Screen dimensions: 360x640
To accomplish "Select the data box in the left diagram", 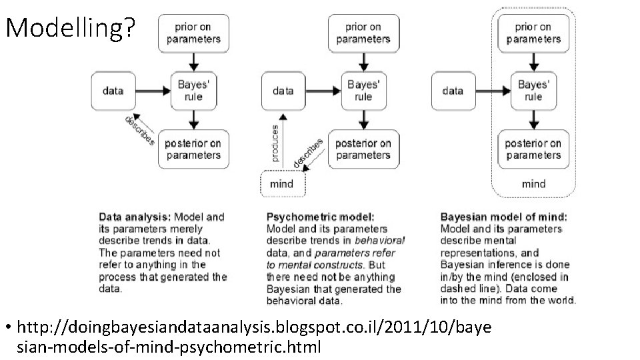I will point(113,91).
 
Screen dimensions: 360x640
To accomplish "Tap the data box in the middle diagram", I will point(283,91).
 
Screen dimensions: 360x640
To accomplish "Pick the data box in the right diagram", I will point(453,91).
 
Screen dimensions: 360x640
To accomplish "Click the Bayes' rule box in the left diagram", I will point(193,91).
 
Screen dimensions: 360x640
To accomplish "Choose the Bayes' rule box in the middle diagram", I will point(363,91).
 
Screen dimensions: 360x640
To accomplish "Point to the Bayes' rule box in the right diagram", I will point(533,91).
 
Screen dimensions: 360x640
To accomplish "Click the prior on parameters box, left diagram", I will point(193,33).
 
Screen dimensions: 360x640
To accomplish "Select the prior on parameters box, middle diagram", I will point(363,33).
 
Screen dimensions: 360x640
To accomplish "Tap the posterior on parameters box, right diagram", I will point(533,149).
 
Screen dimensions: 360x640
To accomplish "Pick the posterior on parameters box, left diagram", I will point(193,149).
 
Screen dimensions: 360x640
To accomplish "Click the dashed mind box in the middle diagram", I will point(281,183).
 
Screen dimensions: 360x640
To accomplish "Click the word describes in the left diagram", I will point(140,131).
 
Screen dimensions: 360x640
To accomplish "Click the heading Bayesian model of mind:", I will point(504,217).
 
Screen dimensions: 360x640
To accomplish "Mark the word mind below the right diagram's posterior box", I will point(533,183).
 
